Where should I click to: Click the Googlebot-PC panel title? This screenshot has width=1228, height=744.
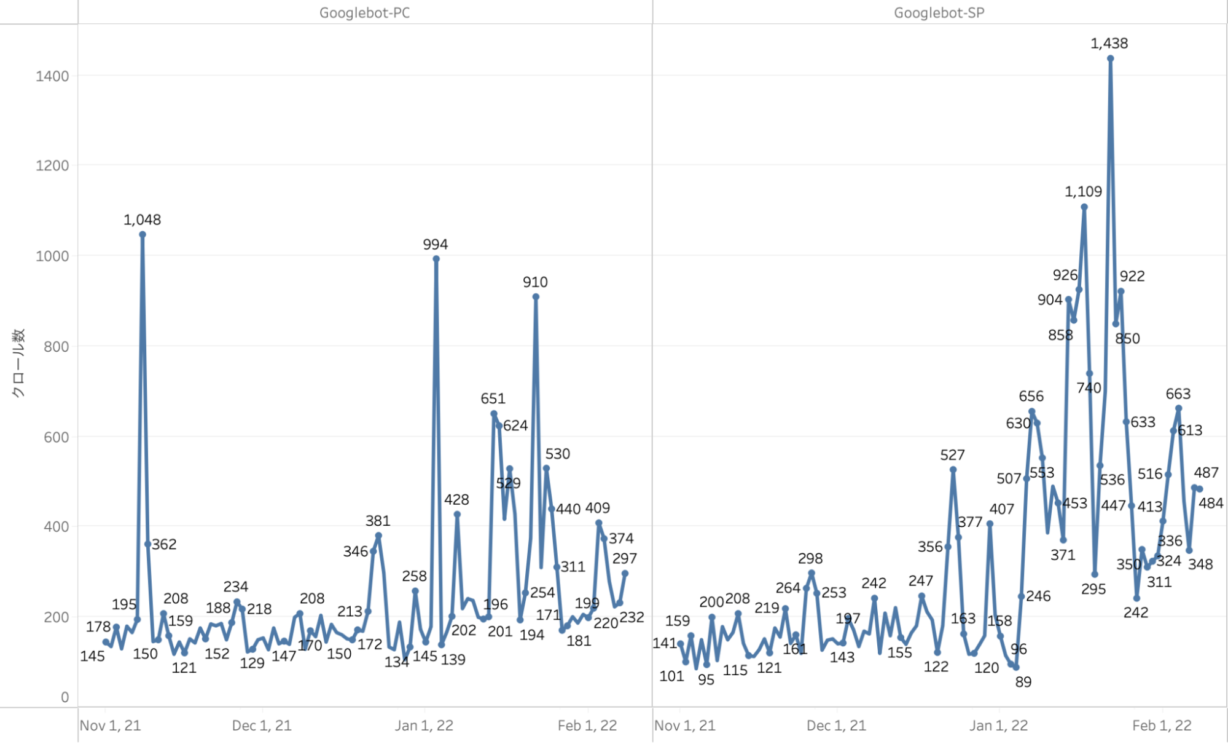pyautogui.click(x=364, y=13)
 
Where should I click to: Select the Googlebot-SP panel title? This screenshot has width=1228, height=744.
pyautogui.click(x=939, y=13)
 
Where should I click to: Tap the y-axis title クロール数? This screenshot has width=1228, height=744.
pyautogui.click(x=18, y=363)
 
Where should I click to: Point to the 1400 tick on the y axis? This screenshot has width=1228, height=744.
pyautogui.click(x=52, y=76)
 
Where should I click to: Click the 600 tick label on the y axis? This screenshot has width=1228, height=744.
pyautogui.click(x=56, y=437)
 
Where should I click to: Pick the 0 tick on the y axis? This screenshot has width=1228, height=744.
pyautogui.click(x=65, y=697)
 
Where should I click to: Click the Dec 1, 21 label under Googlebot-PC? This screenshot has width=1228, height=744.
pyautogui.click(x=262, y=726)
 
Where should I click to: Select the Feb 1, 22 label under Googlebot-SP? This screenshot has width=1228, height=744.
pyautogui.click(x=1162, y=726)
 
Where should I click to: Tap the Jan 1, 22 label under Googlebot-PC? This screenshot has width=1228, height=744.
pyautogui.click(x=424, y=726)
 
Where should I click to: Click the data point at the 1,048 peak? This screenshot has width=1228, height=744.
pyautogui.click(x=143, y=234)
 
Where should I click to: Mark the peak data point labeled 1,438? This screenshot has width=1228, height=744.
pyautogui.click(x=1111, y=59)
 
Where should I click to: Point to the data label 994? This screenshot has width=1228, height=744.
pyautogui.click(x=435, y=244)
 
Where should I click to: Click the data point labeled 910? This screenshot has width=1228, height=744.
pyautogui.click(x=536, y=297)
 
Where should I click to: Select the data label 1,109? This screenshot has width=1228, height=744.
pyautogui.click(x=1083, y=192)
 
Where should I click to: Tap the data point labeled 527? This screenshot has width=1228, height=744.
pyautogui.click(x=953, y=470)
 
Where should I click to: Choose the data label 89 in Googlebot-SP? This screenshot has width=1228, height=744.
pyautogui.click(x=1023, y=682)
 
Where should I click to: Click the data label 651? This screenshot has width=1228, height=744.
pyautogui.click(x=493, y=398)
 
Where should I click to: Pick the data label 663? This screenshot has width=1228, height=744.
pyautogui.click(x=1178, y=394)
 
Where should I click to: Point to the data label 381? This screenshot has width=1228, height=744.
pyautogui.click(x=378, y=521)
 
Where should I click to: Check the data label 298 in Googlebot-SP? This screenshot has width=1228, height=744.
pyautogui.click(x=810, y=558)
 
